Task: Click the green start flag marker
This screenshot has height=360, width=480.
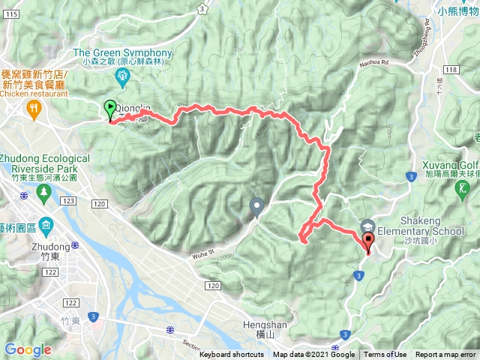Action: [110, 109]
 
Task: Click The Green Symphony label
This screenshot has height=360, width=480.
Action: [123, 52]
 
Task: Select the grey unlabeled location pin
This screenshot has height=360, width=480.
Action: [256, 205]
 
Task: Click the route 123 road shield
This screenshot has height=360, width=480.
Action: [69, 202]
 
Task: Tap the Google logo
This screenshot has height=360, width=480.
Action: [27, 349]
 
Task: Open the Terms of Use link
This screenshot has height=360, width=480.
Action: [385, 355]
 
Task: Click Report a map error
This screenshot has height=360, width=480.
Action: [445, 355]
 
